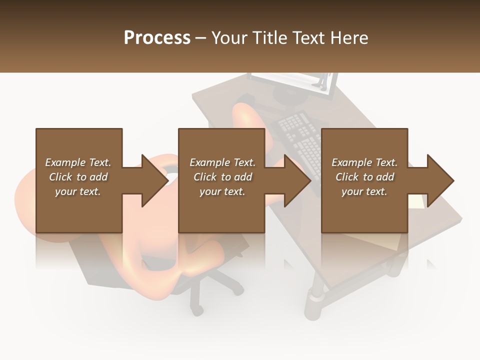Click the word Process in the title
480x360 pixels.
(157, 38)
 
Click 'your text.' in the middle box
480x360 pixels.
(222, 191)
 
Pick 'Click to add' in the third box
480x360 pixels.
(364, 177)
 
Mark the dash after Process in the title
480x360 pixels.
(201, 38)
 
